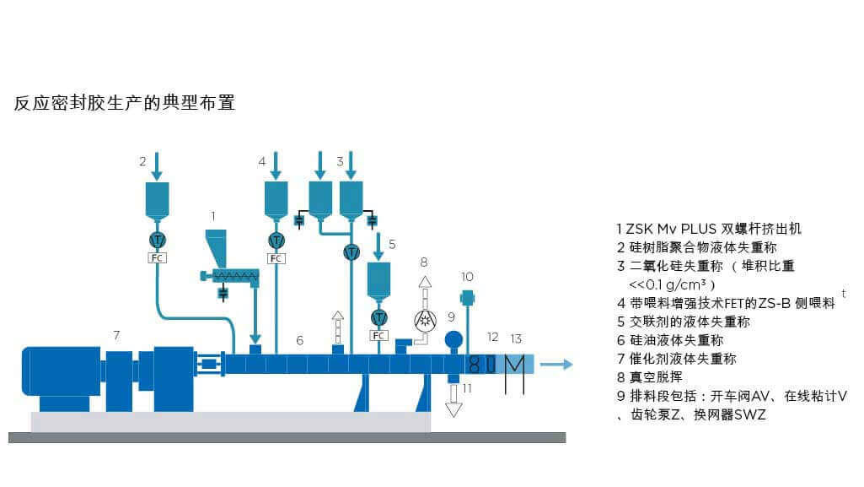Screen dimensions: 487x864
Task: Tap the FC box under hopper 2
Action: tap(157, 257)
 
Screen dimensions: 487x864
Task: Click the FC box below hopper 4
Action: tap(276, 257)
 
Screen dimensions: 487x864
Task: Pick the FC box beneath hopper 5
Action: tap(380, 335)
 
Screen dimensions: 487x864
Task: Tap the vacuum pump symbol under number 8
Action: tap(425, 322)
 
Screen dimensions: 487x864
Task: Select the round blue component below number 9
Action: tap(453, 339)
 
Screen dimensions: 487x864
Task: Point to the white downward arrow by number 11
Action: tap(453, 401)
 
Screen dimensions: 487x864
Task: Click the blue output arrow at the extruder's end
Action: tap(556, 365)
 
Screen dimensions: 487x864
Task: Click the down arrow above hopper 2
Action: tap(157, 166)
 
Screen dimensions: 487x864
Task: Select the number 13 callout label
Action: tap(517, 338)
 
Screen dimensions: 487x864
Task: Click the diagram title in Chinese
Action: tap(124, 103)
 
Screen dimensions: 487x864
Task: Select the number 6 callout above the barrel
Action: tap(299, 340)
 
